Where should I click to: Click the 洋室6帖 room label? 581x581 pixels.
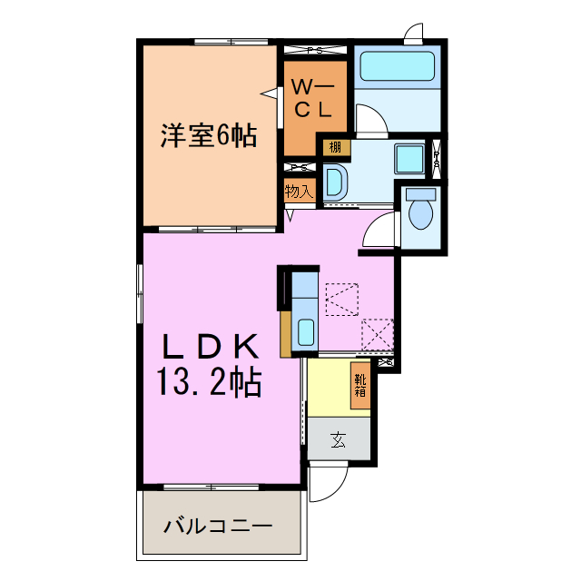tap(208, 136)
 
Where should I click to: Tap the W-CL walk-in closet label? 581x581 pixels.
tap(312, 98)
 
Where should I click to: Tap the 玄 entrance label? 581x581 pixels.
tap(339, 441)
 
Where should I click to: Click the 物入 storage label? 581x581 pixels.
tap(298, 192)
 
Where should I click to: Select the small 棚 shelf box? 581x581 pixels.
tap(335, 146)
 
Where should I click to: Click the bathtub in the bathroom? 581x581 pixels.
tap(398, 66)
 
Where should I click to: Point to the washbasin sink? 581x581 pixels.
tap(331, 182)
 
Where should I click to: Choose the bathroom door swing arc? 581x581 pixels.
tap(371, 119)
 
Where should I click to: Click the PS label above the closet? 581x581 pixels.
tap(316, 51)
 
